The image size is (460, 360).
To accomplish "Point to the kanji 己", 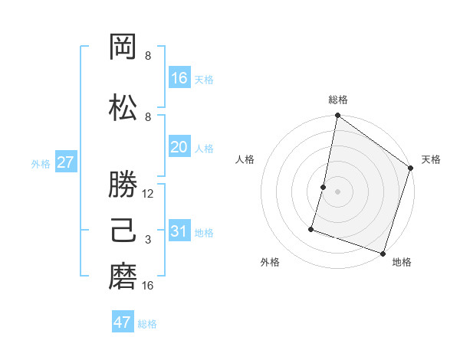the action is [x=124, y=231].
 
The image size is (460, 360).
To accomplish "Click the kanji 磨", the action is [x=124, y=277].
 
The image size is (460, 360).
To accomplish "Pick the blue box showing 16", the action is [x=179, y=78].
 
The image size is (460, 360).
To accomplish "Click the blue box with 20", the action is [x=179, y=148].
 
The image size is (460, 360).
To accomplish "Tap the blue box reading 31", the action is [x=179, y=231].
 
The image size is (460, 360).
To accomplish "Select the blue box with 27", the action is [x=65, y=162].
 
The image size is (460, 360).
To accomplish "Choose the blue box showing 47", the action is [x=123, y=322].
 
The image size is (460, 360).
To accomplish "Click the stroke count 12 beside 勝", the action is [x=149, y=194].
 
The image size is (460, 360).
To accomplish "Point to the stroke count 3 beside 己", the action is [x=148, y=240].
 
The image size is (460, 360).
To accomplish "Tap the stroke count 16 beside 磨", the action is [x=149, y=286].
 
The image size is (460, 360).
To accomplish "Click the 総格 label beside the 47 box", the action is [x=147, y=324].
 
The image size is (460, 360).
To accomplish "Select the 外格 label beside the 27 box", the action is [x=41, y=163].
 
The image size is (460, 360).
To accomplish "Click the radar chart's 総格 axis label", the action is [x=338, y=100].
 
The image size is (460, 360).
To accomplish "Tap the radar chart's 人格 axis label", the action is [x=245, y=159].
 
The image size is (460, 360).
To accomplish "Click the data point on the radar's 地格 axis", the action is [x=382, y=253].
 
